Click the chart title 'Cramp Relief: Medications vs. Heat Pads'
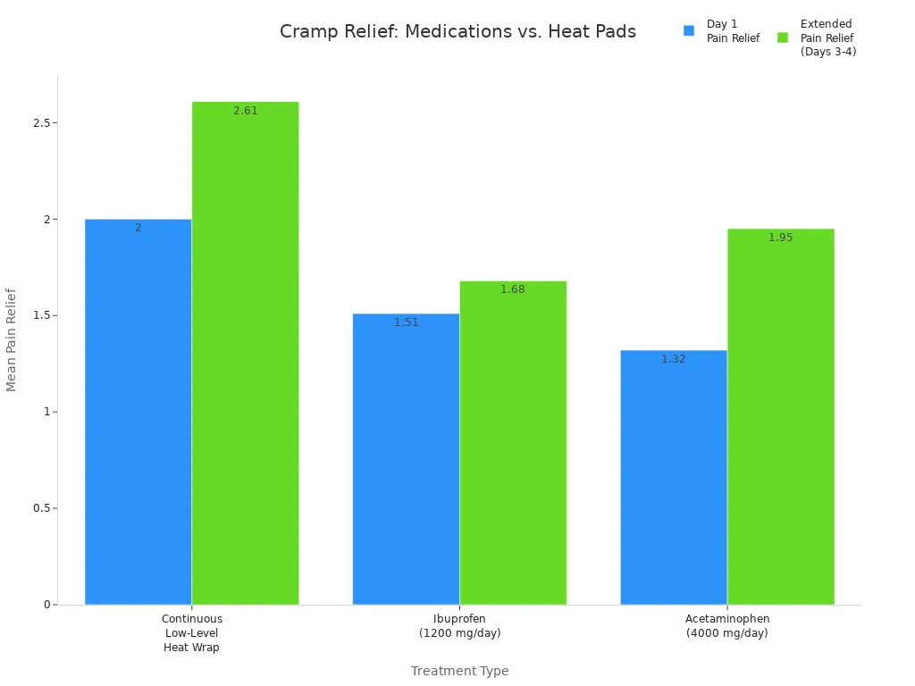457,32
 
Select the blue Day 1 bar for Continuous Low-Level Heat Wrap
138,411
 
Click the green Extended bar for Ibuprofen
513,442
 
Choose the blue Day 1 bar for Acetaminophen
673,477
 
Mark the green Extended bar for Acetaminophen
780,416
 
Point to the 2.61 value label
245,111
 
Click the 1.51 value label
406,322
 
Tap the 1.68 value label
513,289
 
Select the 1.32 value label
673,359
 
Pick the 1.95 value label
780,238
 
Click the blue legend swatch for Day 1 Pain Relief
689,30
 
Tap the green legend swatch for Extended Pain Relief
783,38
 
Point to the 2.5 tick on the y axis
39,122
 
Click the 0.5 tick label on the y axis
39,508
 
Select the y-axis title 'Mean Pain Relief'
12,339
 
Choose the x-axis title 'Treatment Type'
459,671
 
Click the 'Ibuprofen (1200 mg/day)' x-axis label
459,625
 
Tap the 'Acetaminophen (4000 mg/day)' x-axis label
726,625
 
